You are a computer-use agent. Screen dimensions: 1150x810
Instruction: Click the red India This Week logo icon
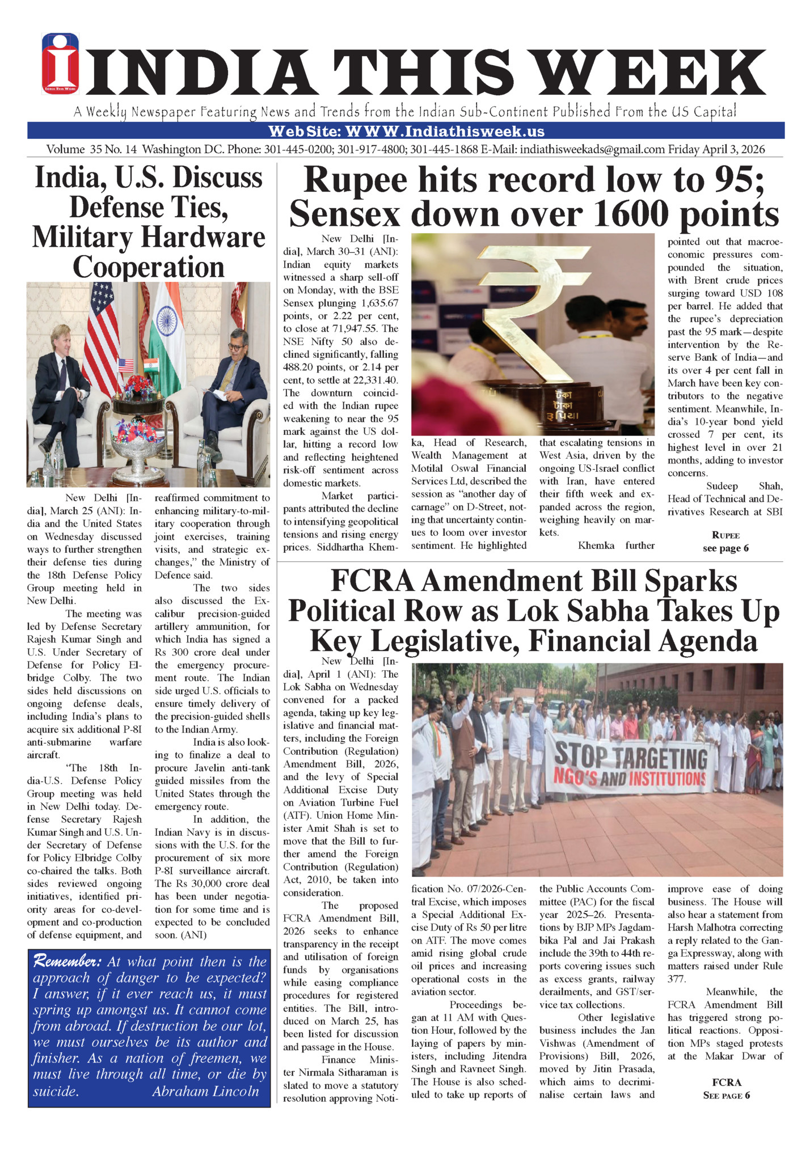pyautogui.click(x=60, y=63)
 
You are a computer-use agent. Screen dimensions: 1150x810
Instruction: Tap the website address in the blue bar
pyautogui.click(x=406, y=132)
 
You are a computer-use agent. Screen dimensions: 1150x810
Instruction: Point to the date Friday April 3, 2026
pyautogui.click(x=716, y=150)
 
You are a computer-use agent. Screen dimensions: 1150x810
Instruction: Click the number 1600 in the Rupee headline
pyautogui.click(x=622, y=214)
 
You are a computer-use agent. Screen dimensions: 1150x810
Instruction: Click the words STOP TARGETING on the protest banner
pyautogui.click(x=631, y=758)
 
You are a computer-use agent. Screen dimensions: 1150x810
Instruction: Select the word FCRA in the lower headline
pyautogui.click(x=372, y=581)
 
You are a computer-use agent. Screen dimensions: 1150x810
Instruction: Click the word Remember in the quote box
pyautogui.click(x=67, y=962)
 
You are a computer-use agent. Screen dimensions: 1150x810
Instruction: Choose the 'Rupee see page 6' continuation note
pyautogui.click(x=725, y=542)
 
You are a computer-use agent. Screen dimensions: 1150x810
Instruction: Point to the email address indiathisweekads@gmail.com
pyautogui.click(x=592, y=150)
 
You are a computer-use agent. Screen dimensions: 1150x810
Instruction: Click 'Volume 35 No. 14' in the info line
pyautogui.click(x=91, y=150)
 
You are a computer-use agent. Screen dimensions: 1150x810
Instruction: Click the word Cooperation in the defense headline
pyautogui.click(x=149, y=267)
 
